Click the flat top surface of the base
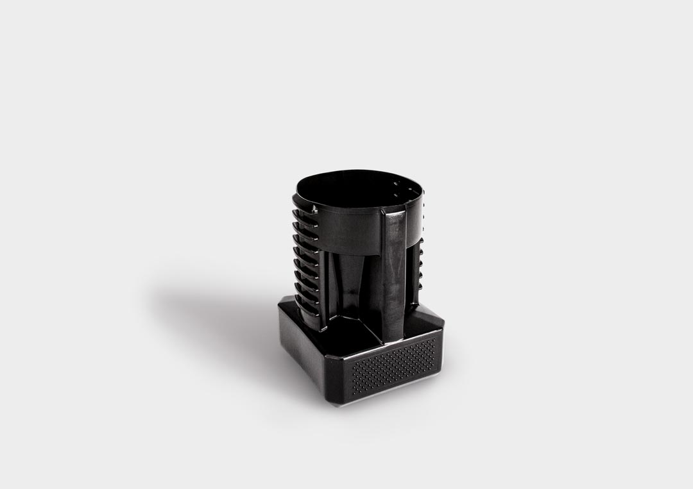tap(359, 333)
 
